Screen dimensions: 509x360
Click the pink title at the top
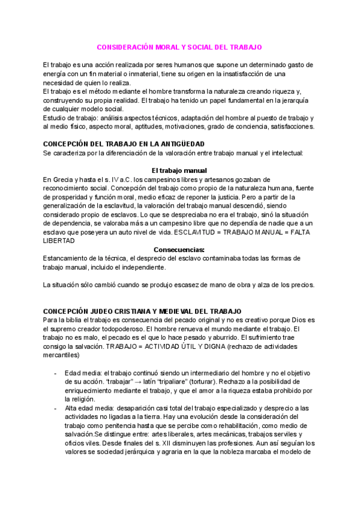click(x=180, y=46)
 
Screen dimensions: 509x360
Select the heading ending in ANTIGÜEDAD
click(x=124, y=144)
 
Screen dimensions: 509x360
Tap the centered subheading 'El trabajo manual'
click(x=179, y=170)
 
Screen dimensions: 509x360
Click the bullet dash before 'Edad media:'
click(x=55, y=373)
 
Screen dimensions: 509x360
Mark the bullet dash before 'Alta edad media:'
click(x=55, y=408)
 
